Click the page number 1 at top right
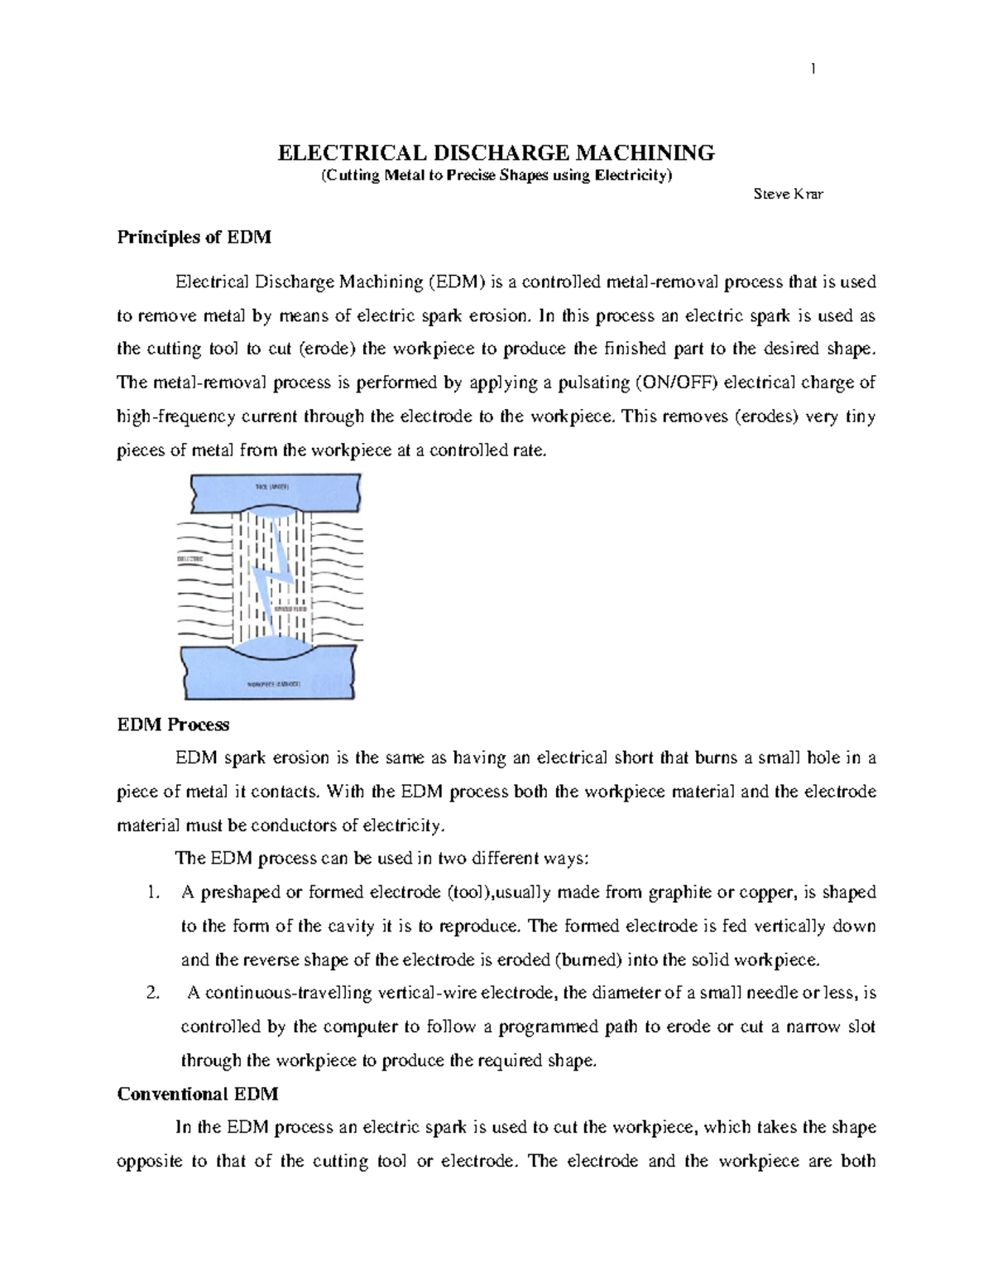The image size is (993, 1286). click(x=813, y=70)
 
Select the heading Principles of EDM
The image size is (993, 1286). click(x=194, y=238)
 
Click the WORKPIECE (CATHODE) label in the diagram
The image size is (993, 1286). click(x=274, y=684)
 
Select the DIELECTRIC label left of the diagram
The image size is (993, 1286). click(x=191, y=561)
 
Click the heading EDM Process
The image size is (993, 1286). click(x=173, y=725)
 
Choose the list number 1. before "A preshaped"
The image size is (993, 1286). click(x=151, y=893)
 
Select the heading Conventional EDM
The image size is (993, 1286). click(x=197, y=1094)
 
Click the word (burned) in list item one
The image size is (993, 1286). click(x=587, y=961)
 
